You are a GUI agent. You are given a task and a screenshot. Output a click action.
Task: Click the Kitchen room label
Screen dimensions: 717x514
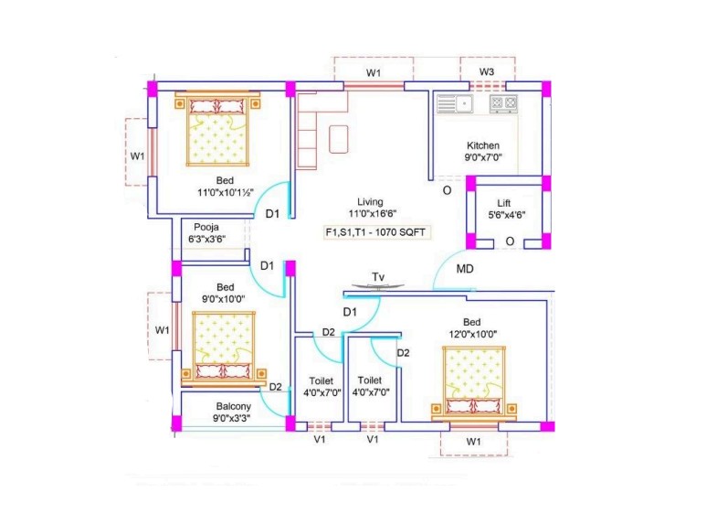483,145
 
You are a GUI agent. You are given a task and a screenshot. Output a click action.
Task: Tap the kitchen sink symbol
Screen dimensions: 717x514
455,104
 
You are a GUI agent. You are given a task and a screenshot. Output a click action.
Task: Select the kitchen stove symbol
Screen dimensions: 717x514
503,103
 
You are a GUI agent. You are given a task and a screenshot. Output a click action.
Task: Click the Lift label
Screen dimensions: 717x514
504,203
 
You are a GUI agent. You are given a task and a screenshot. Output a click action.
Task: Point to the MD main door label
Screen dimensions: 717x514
465,269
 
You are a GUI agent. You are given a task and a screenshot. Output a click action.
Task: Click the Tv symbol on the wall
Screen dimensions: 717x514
378,286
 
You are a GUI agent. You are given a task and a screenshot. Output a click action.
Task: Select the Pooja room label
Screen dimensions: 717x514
206,227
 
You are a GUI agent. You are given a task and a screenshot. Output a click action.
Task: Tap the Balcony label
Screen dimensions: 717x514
233,406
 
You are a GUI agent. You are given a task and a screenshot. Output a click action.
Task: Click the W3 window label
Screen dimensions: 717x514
487,72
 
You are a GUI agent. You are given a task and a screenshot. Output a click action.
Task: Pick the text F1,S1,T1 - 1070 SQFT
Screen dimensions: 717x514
375,232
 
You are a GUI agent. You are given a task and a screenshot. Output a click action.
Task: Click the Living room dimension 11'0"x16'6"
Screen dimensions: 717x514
373,213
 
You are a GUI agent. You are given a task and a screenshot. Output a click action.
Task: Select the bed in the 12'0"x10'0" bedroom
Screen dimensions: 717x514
474,383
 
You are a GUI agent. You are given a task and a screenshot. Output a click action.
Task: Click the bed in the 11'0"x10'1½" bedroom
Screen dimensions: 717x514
217,129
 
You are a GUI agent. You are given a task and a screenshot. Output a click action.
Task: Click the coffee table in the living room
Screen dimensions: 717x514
339,139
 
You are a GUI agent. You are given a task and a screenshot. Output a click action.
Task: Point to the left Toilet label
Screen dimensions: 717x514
321,380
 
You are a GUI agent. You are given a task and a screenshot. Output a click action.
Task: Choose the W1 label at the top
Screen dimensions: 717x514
374,73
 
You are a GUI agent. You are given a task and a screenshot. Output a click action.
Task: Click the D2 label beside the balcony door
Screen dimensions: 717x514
275,387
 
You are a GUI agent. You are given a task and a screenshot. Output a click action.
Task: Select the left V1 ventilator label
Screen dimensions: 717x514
320,439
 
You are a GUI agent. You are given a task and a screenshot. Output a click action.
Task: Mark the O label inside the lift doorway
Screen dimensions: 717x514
510,241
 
